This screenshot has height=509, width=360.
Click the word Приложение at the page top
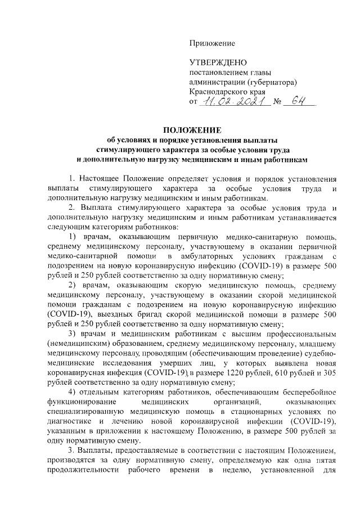pos(212,43)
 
